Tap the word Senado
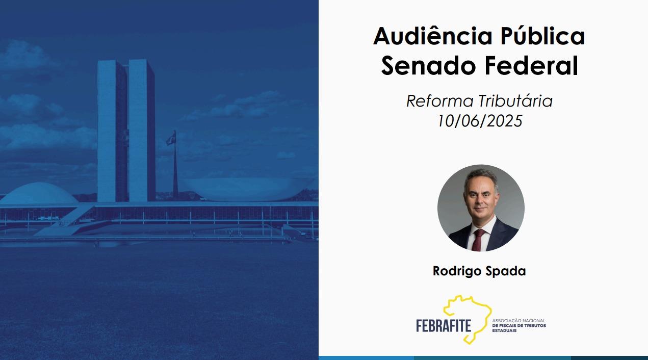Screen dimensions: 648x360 pos(428,66)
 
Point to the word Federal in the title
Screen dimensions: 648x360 pos(531,66)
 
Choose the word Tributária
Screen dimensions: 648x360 pos(515,101)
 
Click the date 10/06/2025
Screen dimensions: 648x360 pos(480,121)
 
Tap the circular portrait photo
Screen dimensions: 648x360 pos(481,208)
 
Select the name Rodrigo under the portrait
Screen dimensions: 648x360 pos(456,271)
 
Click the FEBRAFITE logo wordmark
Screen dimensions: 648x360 pos(444,325)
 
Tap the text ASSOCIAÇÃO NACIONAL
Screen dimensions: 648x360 pos(519,321)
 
